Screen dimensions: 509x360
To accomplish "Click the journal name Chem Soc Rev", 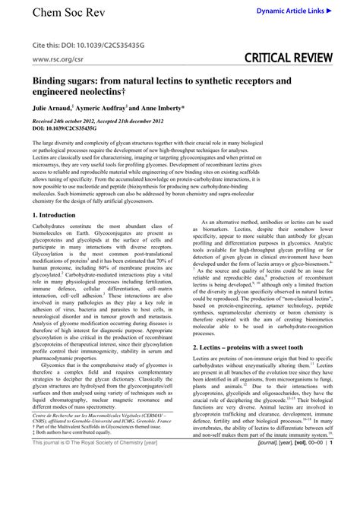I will tap(63, 13).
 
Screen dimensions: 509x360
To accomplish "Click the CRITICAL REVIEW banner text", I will tap(288, 58).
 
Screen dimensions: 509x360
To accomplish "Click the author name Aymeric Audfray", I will tap(105, 108).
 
